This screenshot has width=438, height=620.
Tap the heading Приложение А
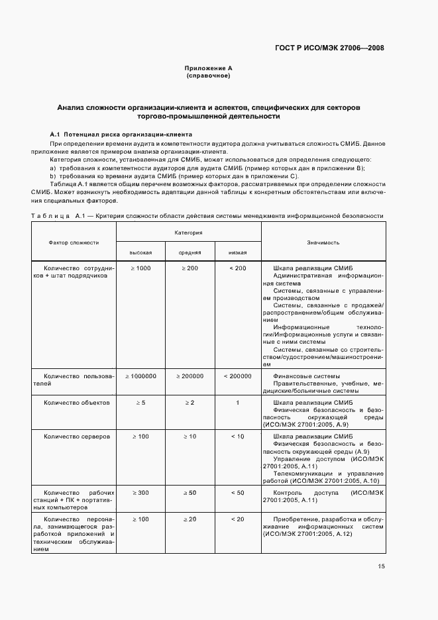click(208, 69)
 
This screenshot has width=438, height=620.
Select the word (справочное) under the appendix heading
click(208, 76)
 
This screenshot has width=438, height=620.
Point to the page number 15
click(382, 566)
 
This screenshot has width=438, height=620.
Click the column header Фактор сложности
click(74, 242)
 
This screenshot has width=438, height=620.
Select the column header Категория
click(189, 233)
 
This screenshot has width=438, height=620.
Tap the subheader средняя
click(190, 252)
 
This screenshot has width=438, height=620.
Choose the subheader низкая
click(238, 252)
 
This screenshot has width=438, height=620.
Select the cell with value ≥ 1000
click(140, 268)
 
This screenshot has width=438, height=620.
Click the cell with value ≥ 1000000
click(140, 376)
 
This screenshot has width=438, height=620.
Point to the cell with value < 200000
click(238, 376)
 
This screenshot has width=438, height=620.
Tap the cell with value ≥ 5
click(140, 402)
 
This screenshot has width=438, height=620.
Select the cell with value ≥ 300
click(140, 493)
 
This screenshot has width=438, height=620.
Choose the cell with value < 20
click(238, 519)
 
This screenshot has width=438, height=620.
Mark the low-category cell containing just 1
click(238, 402)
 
